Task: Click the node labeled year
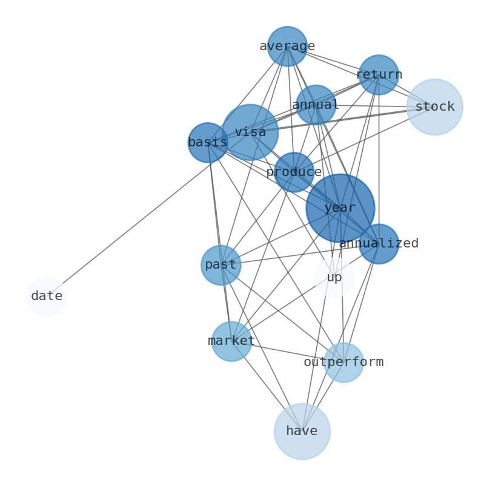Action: point(340,208)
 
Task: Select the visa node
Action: point(250,132)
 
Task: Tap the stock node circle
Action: point(434,107)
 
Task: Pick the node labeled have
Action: point(302,431)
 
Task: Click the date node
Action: point(46,296)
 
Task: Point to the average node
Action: point(287,46)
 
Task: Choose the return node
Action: point(379,75)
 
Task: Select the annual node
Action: point(316,105)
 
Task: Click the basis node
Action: point(208,143)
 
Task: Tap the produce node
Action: point(294,172)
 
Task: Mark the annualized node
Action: point(379,244)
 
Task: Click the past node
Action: point(221,265)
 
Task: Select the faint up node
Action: point(334,277)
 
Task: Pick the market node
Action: point(231,341)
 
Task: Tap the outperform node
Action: point(343,362)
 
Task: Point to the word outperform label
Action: point(343,362)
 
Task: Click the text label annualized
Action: point(379,244)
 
